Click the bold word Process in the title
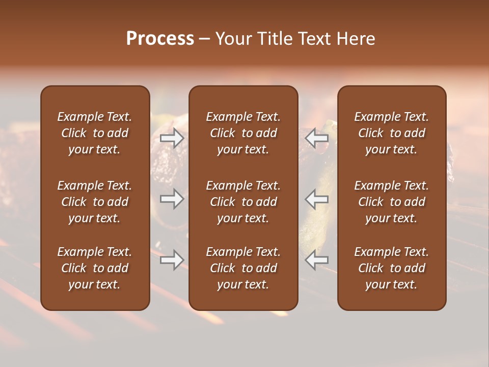click(160, 39)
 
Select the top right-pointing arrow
click(172, 138)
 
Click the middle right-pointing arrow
click(172, 199)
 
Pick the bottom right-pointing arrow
click(172, 260)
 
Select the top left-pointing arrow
click(317, 138)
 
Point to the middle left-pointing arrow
click(317, 199)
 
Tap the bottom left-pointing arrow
click(317, 260)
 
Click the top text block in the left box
click(95, 133)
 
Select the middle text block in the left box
click(95, 202)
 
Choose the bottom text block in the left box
click(95, 268)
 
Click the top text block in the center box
click(243, 133)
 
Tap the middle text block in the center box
click(243, 202)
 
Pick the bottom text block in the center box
click(243, 268)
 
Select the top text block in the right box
click(391, 133)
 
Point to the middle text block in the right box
click(391, 202)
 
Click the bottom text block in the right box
click(391, 268)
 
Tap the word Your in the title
click(233, 39)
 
